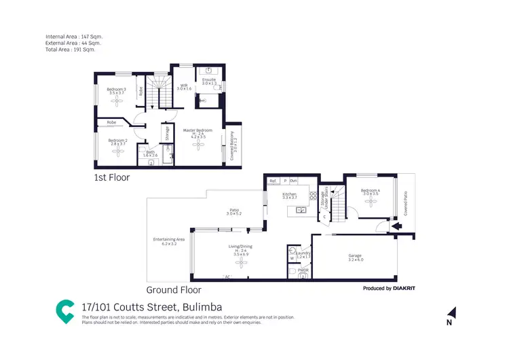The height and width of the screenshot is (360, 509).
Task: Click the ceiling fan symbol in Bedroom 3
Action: pos(115,98)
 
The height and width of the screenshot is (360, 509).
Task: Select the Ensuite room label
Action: pos(209,81)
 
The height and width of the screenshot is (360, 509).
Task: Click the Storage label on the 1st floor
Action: pos(167,133)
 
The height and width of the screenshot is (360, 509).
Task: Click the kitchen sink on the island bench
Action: pos(301,210)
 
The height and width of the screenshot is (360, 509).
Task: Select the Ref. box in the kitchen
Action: pos(273,181)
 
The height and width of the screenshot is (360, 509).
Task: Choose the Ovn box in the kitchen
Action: pos(293,181)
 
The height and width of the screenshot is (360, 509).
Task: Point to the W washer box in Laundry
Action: pos(292,258)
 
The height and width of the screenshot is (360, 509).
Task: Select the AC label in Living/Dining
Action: pos(227,277)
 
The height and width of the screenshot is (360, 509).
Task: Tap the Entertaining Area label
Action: pos(169,240)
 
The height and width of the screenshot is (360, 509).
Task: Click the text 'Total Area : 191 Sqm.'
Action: pos(70,50)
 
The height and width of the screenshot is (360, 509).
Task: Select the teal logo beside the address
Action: pos(65,310)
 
